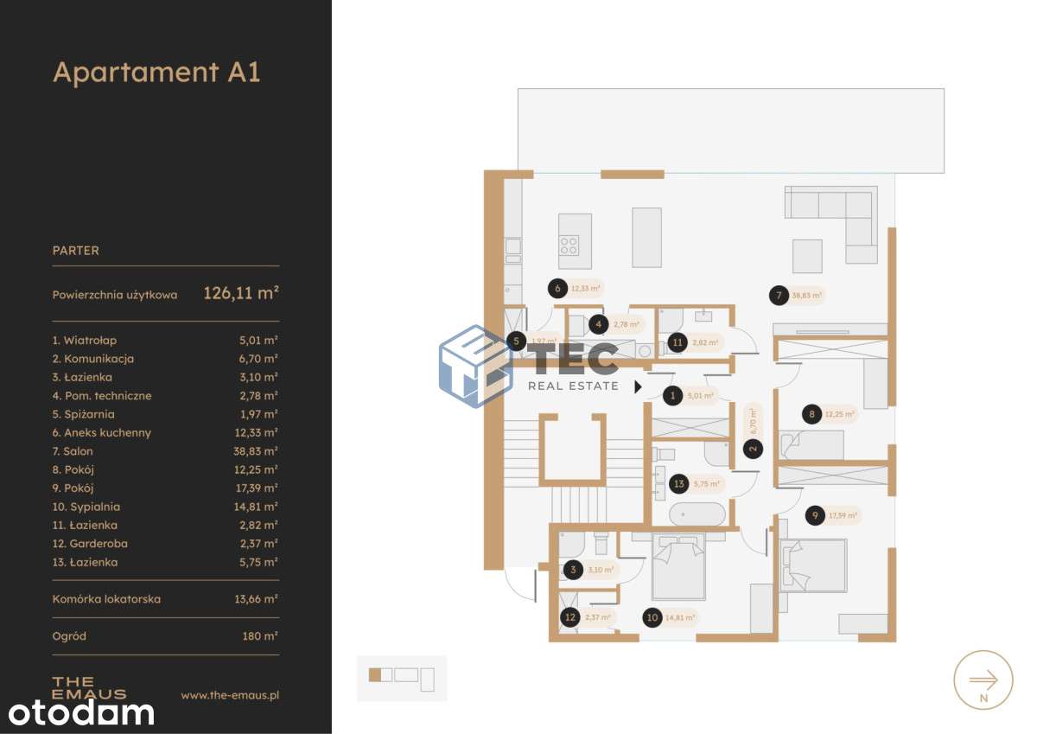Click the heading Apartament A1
156,72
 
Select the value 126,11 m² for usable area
240,293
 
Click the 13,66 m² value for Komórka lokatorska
258,598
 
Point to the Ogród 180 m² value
260,636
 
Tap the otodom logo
81,713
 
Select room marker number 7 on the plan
779,296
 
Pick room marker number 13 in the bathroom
680,484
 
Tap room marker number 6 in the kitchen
558,289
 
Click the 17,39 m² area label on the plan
843,516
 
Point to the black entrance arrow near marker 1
638,386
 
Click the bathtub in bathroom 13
698,514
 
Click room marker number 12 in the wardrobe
569,617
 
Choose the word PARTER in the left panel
76,251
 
